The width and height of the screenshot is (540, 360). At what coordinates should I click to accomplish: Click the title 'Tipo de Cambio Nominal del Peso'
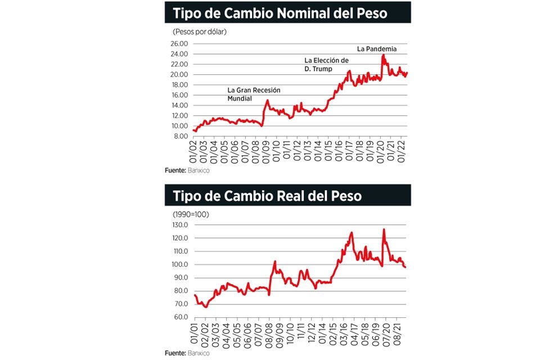(x=280, y=12)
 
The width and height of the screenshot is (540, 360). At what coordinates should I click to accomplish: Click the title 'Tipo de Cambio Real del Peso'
(x=267, y=196)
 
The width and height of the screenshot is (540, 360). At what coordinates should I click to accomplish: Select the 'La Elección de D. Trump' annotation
(x=326, y=64)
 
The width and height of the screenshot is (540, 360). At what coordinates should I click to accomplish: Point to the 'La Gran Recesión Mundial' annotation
(x=253, y=93)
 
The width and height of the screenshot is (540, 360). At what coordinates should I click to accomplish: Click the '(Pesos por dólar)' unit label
(x=199, y=31)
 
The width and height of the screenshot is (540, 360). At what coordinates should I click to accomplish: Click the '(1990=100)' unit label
(x=191, y=214)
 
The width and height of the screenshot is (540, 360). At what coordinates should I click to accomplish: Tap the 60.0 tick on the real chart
(x=179, y=317)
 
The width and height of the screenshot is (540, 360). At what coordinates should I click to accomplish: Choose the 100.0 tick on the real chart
(x=178, y=264)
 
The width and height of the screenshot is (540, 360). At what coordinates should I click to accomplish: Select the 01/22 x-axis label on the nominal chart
(x=401, y=151)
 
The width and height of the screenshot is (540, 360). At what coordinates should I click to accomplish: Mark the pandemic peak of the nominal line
(x=383, y=55)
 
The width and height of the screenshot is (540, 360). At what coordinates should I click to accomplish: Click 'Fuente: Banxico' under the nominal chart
(x=187, y=170)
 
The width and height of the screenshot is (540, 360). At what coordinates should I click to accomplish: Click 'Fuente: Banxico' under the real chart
(x=187, y=353)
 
